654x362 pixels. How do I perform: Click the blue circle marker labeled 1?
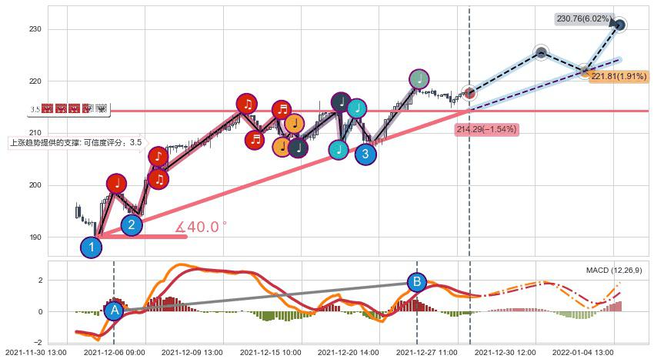click(x=92, y=247)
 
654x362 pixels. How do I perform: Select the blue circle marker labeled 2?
click(x=132, y=225)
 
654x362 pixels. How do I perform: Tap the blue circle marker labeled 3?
click(x=365, y=154)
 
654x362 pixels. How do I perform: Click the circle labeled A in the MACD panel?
click(x=114, y=311)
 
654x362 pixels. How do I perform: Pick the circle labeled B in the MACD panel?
click(x=416, y=282)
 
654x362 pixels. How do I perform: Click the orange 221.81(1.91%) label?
click(x=620, y=77)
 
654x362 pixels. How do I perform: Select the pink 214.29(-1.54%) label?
click(x=486, y=129)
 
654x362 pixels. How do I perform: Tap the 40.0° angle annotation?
click(x=201, y=227)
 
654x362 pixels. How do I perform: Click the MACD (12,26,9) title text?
click(x=614, y=271)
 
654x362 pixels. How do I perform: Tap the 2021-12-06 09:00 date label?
click(x=114, y=353)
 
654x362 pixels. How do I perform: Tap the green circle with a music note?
click(x=419, y=78)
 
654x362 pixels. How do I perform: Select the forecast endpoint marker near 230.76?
click(x=619, y=25)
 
